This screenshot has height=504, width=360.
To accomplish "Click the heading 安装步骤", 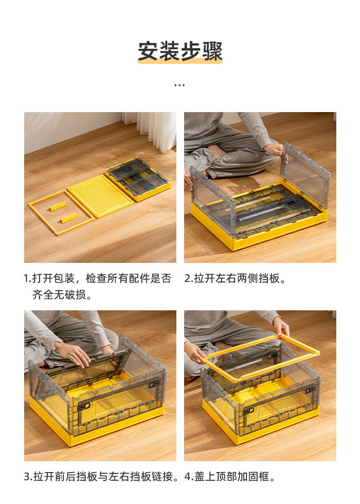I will (180, 51).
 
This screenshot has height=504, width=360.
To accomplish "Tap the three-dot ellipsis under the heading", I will (180, 85).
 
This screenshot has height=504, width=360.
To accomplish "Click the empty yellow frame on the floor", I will (61, 212).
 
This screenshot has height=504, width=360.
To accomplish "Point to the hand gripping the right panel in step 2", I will (275, 150).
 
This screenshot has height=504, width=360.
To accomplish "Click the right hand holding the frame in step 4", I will (281, 326).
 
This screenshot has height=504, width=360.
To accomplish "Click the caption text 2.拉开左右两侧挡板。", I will (235, 278).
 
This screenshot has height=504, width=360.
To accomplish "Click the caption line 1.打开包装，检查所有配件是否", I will (98, 278).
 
